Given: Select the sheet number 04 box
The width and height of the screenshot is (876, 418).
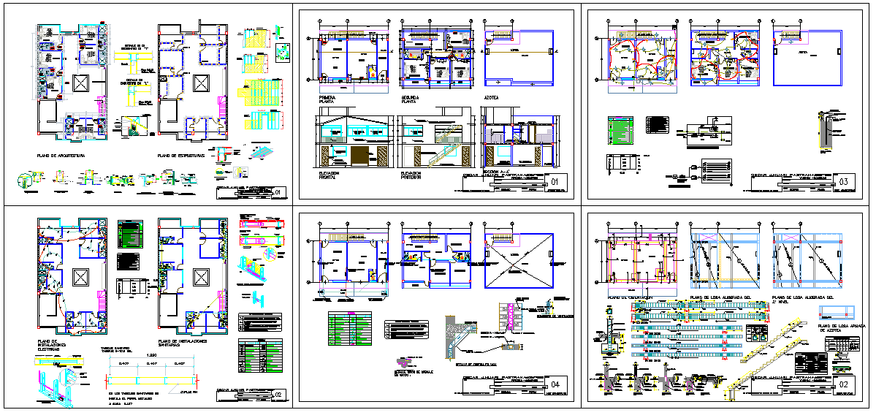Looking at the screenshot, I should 555,384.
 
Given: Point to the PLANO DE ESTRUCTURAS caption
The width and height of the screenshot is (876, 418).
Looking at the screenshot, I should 185,156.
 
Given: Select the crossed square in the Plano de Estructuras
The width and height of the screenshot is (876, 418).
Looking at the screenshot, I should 199,84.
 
